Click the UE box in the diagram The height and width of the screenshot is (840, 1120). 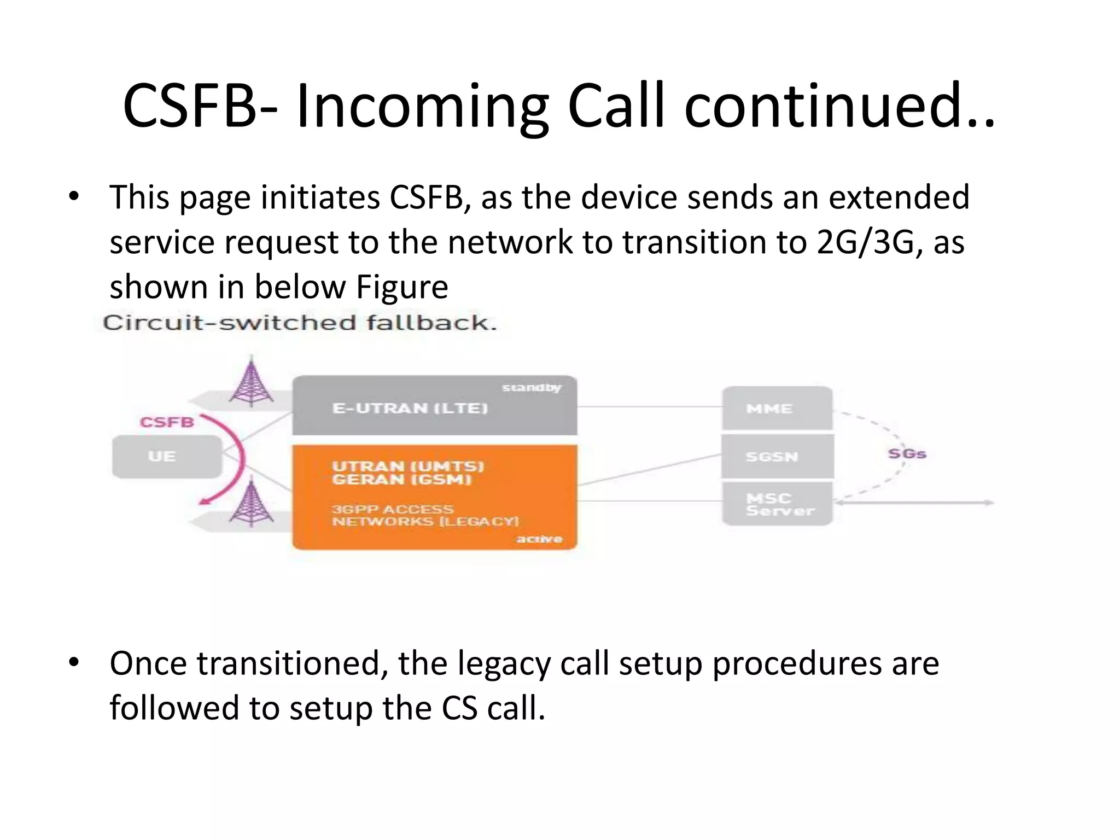pyautogui.click(x=167, y=457)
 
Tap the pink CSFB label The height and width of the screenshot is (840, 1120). pyautogui.click(x=167, y=422)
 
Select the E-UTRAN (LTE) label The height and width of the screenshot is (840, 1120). pyautogui.click(x=410, y=409)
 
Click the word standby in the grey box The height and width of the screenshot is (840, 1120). pyautogui.click(x=531, y=388)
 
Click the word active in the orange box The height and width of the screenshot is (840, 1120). pyautogui.click(x=539, y=539)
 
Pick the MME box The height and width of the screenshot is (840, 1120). pyautogui.click(x=777, y=409)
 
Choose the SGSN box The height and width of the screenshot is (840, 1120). pyautogui.click(x=777, y=457)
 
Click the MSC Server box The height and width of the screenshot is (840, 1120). pyautogui.click(x=777, y=504)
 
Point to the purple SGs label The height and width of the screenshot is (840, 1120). pyautogui.click(x=907, y=454)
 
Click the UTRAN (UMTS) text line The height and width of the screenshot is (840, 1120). pyautogui.click(x=408, y=466)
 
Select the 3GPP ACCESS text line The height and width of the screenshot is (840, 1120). pyautogui.click(x=392, y=509)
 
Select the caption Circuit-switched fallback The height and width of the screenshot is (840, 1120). pyautogui.click(x=300, y=323)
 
